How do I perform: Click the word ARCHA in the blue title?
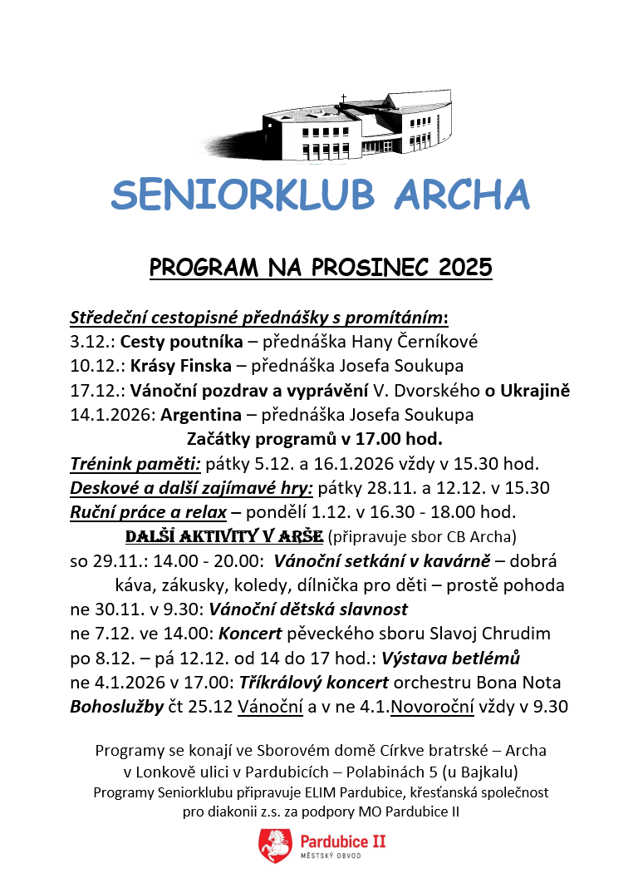pos(461,195)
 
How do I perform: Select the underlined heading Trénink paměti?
pos(135,462)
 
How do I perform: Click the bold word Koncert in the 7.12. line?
pos(250,634)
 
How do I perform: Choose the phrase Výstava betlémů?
pos(450,659)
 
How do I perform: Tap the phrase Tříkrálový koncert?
pos(313,683)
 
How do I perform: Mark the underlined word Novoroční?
pos(433,707)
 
